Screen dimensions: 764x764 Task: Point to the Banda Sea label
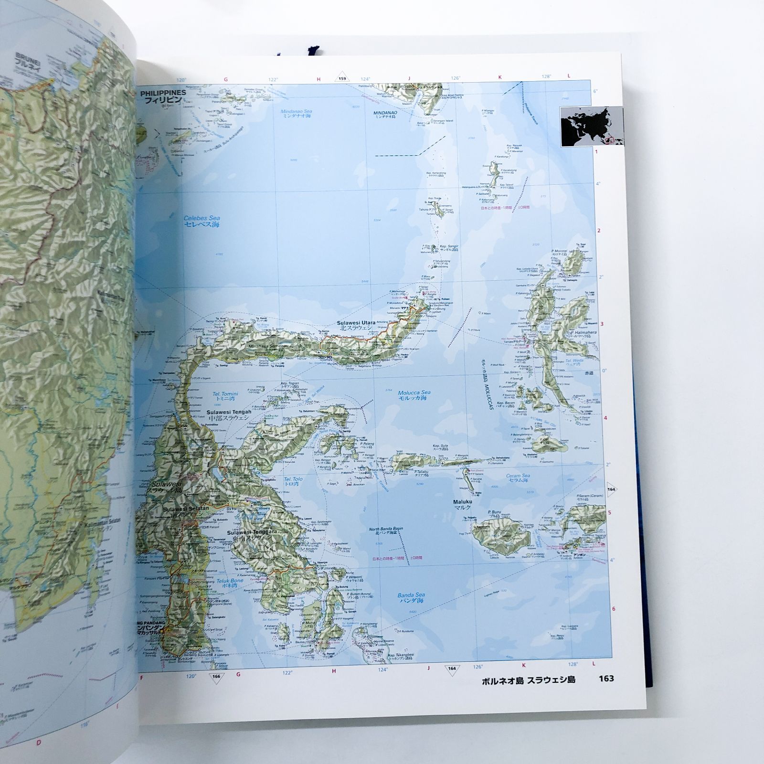tap(411, 595)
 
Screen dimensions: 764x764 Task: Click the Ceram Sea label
tap(519, 476)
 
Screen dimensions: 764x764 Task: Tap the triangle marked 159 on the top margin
tap(342, 79)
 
